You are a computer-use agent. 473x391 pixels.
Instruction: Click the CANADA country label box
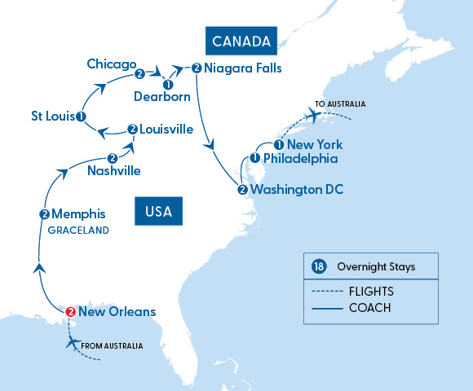click(241, 41)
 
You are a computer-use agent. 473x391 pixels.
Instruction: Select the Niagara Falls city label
click(244, 68)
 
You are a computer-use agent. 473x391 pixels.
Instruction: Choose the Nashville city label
click(113, 171)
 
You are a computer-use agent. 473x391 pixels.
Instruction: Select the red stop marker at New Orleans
click(70, 311)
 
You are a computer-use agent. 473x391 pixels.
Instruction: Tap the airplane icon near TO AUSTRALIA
click(312, 118)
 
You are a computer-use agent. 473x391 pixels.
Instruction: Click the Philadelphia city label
click(300, 159)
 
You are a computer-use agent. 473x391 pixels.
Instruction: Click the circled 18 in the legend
click(318, 266)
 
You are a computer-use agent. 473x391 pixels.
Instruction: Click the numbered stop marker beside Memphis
click(44, 215)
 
